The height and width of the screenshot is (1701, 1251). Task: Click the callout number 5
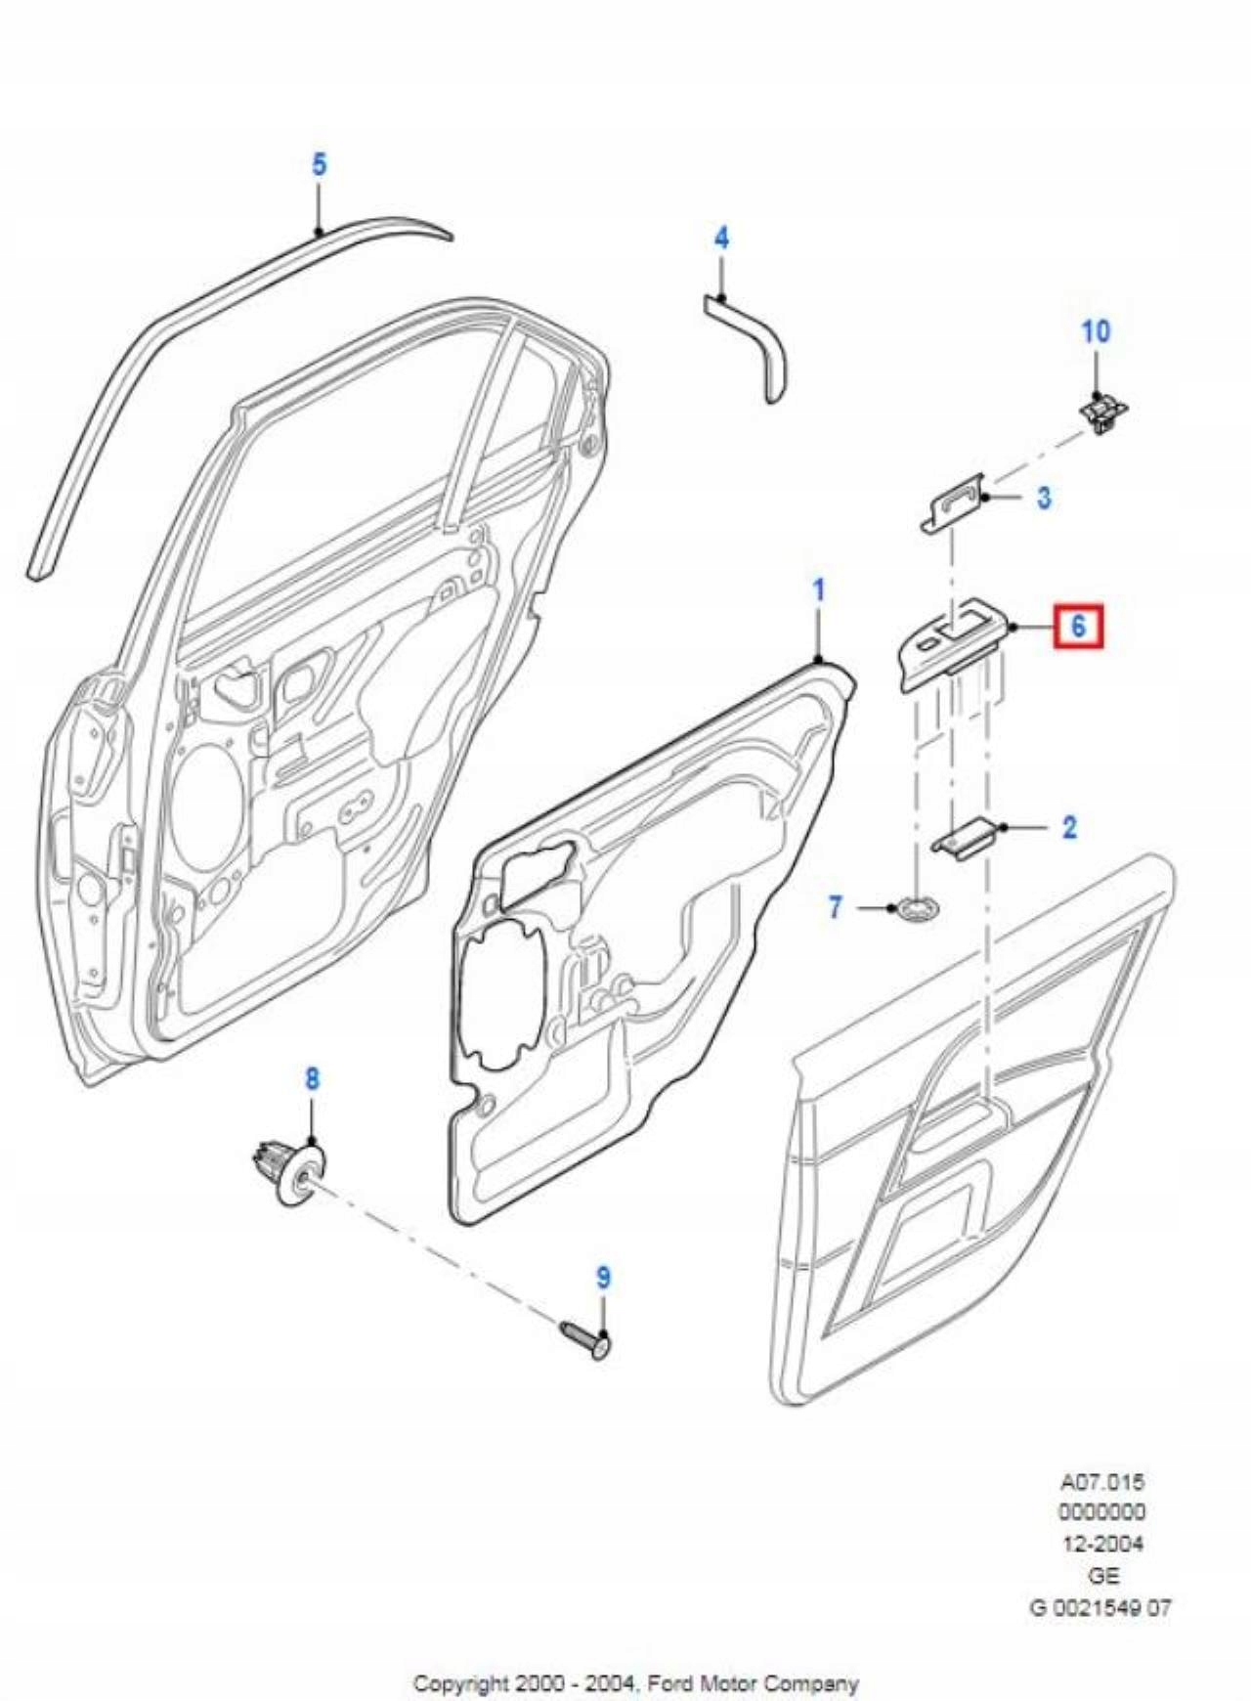[x=319, y=165]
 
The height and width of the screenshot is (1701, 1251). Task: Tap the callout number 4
[x=721, y=238]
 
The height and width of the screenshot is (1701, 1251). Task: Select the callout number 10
[x=1096, y=331]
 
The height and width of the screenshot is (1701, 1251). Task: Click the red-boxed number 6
[x=1077, y=626]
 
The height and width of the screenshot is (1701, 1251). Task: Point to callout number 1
[x=819, y=590]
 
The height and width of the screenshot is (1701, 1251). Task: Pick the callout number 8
[x=312, y=1079]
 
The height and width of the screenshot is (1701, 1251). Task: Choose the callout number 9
[x=603, y=1278]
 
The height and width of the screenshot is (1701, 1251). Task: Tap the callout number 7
[x=835, y=907]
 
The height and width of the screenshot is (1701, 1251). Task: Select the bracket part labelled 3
[x=953, y=503]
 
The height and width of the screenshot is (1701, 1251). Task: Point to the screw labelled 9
[x=585, y=1339]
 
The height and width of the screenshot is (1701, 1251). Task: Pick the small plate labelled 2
[x=966, y=838]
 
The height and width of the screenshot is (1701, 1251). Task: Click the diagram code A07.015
[x=1101, y=1482]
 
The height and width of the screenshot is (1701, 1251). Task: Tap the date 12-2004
[x=1102, y=1545]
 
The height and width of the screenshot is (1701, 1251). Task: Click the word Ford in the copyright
[x=671, y=1683]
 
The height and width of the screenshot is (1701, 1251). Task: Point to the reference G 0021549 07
[x=1100, y=1607]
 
